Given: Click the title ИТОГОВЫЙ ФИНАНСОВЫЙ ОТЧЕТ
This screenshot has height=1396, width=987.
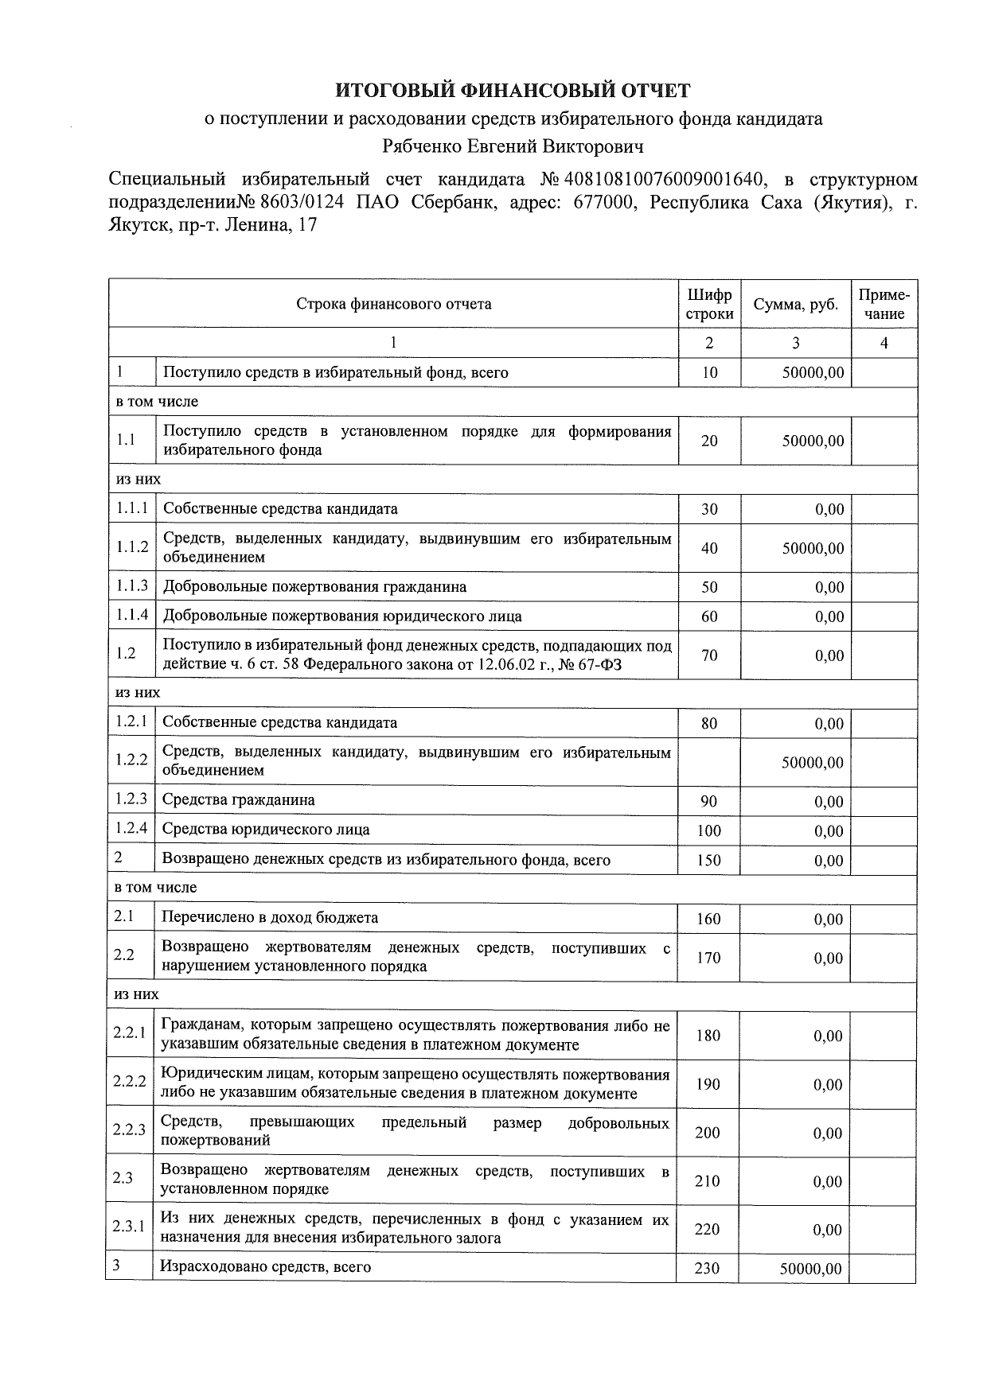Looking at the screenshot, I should click(512, 91).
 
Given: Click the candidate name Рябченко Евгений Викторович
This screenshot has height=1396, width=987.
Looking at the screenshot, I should click(513, 146).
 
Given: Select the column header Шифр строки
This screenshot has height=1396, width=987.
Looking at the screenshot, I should click(709, 304).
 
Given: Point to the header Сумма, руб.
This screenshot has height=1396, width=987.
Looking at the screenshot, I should click(795, 305).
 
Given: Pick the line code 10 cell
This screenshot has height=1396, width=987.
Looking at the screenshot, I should click(709, 372).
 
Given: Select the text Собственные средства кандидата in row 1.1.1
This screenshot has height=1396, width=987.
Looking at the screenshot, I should click(280, 508).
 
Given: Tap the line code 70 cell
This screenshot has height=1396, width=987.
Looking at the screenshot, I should click(709, 655).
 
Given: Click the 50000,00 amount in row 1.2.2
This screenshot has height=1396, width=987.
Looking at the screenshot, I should click(812, 762).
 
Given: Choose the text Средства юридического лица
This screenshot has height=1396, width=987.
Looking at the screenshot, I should click(266, 830).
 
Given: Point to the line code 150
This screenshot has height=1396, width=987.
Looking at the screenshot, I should click(708, 860).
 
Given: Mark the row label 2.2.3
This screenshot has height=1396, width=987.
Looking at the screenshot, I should click(130, 1130).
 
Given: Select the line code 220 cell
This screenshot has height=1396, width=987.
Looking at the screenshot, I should click(707, 1229).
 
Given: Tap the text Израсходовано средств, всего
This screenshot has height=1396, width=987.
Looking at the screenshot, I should click(265, 1266).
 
